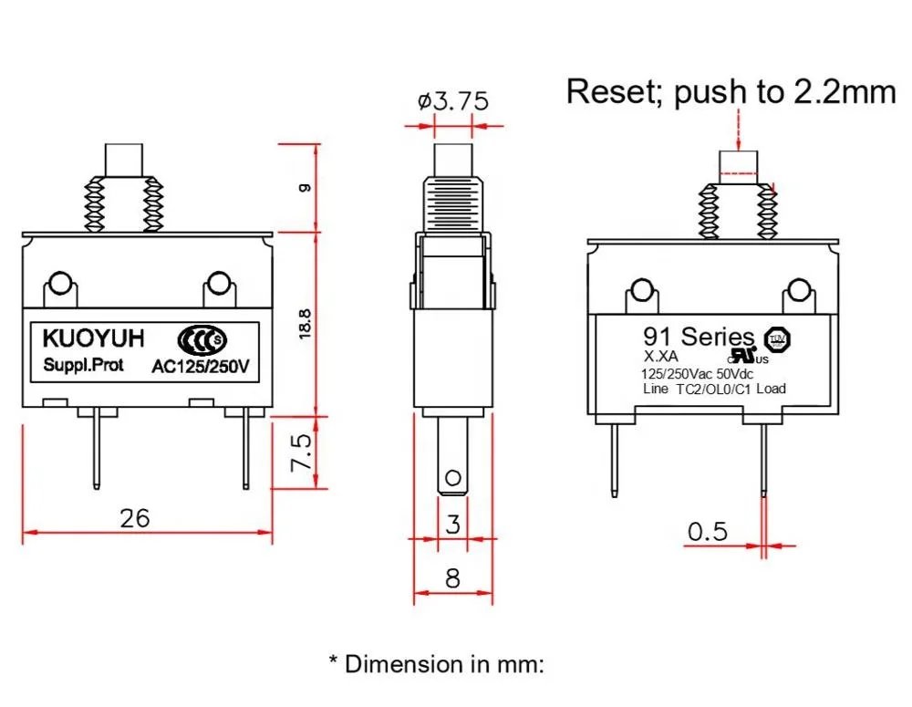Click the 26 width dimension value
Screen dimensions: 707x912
point(134,518)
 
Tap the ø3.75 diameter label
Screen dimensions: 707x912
point(453,100)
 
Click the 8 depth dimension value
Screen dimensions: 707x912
point(452,578)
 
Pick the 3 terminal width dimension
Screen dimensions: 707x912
point(452,524)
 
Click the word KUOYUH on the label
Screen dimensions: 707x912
point(93,339)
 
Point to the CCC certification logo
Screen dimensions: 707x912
point(202,340)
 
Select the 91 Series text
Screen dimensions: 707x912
point(700,337)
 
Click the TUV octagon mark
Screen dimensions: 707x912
point(778,339)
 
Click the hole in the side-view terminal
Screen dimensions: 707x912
point(452,478)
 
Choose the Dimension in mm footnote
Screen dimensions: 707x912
point(435,663)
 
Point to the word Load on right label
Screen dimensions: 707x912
point(771,389)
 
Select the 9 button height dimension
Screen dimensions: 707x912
point(305,188)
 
